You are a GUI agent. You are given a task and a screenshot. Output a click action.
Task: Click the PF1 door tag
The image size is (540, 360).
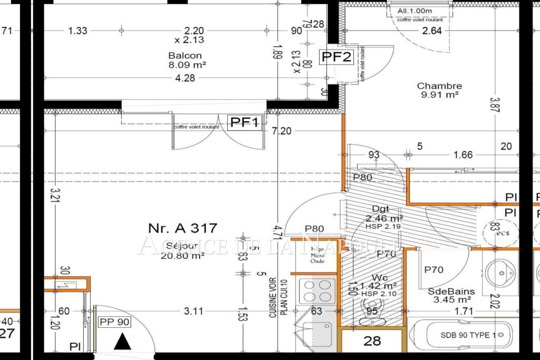coord(245,123)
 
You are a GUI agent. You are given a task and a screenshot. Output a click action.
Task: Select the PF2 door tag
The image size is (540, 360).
coord(336,57)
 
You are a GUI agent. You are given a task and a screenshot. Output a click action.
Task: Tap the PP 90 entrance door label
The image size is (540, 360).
coord(114,322)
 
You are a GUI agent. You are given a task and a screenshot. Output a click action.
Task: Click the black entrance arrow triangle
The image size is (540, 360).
coord(123,342)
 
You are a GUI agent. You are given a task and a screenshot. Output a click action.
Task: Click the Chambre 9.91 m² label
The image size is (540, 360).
coord(439,90)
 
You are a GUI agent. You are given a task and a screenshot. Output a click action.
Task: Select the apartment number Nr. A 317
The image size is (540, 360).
coord(182,228)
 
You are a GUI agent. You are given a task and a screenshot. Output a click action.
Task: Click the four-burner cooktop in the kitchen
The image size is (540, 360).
coord(317,290)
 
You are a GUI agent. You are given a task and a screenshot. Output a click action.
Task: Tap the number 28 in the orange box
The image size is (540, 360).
coord(372,341)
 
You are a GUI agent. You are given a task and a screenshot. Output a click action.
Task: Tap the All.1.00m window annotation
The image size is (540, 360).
coord(414,11)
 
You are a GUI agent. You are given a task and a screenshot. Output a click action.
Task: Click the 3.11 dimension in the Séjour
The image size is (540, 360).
coord(194,311)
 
